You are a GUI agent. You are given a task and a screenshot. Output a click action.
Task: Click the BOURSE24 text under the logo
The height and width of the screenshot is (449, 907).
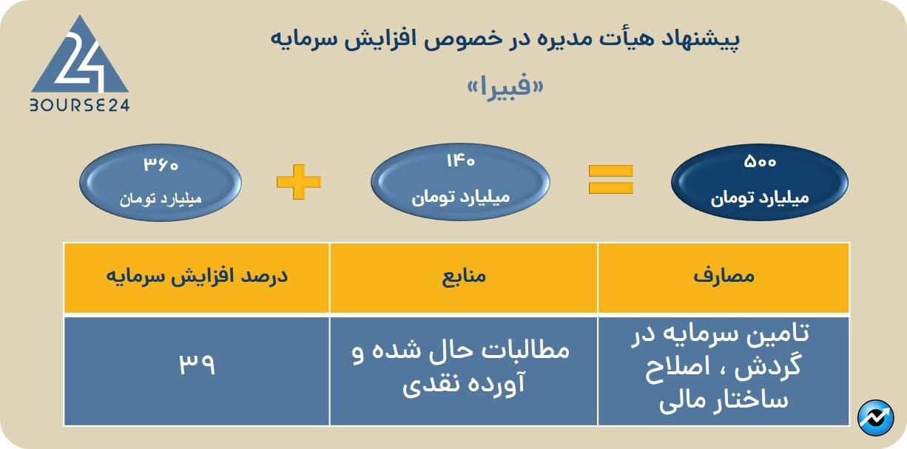pos(80,105)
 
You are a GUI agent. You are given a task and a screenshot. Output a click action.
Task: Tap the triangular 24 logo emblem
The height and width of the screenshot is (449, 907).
pos(80,59)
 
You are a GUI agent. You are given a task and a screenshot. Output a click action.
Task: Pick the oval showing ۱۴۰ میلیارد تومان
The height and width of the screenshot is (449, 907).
pos(459,180)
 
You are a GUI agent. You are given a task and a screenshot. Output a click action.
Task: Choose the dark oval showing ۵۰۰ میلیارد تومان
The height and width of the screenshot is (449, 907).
pos(759,180)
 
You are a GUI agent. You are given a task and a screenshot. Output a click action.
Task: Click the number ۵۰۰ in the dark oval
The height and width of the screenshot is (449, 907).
pos(759,161)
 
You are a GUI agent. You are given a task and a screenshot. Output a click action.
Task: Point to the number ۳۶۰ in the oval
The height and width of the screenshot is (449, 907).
pos(161,163)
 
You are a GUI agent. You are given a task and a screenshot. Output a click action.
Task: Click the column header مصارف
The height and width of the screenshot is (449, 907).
pos(723,277)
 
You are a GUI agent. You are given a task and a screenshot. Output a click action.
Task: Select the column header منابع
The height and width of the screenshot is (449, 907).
pos(464,277)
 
